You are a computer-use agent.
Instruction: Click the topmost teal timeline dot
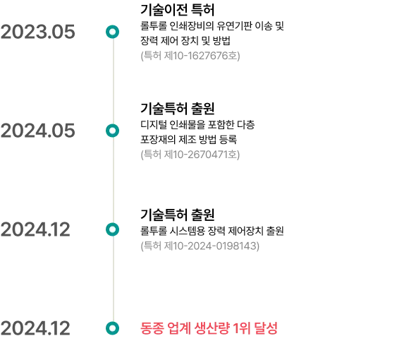coord(112,32)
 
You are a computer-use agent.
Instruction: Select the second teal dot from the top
coord(112,131)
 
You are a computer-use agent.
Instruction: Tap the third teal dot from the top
coord(112,229)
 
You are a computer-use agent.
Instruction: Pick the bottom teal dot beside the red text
coord(112,328)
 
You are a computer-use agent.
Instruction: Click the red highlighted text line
coord(209,328)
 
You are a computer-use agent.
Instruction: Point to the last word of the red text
coord(271,328)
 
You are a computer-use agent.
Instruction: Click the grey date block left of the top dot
coord(39,31)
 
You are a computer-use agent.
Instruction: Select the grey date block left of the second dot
coord(39,130)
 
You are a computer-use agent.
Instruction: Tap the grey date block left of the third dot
coord(37,229)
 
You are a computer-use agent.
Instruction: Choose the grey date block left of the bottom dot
coord(37,328)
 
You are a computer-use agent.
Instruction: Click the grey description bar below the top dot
coord(191,56)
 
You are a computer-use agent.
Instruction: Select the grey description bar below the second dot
coord(191,155)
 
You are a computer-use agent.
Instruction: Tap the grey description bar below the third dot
coord(200,245)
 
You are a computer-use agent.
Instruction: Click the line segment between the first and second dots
coord(115,81)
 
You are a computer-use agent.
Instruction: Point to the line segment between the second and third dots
coord(115,180)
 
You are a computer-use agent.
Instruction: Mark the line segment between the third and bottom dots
coord(115,279)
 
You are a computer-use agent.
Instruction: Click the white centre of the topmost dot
coord(112,32)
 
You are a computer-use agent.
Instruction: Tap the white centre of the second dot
coord(112,131)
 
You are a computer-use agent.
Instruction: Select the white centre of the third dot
coord(112,229)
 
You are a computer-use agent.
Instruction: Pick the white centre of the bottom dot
coord(112,328)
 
